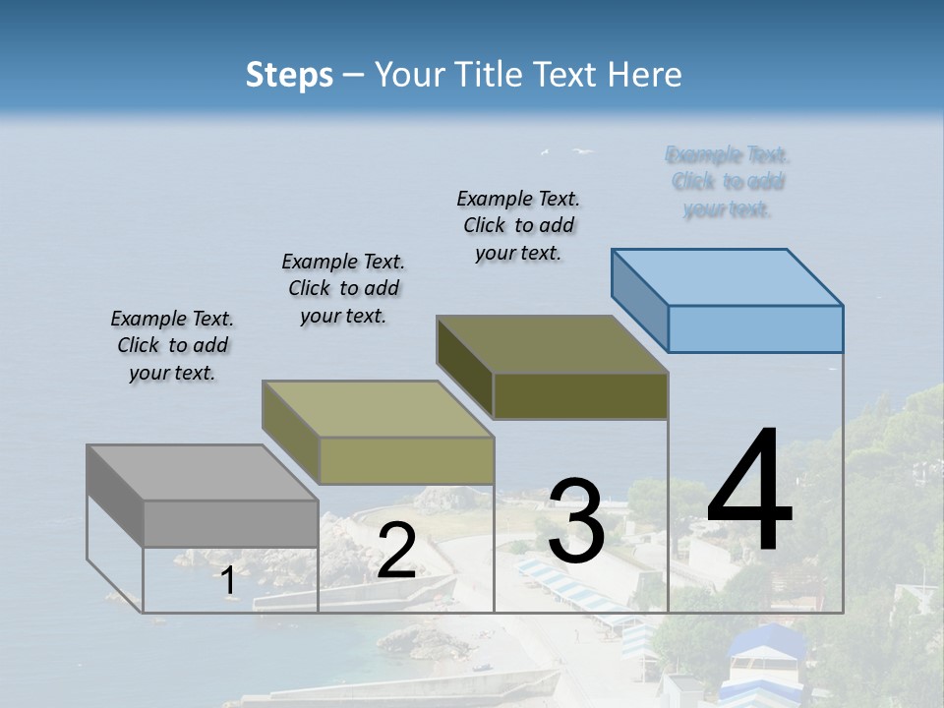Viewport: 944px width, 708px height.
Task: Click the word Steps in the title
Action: coord(289,76)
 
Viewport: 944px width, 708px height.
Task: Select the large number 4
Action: coord(749,492)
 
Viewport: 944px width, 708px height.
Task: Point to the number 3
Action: coord(575,521)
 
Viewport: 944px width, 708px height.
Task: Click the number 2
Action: coord(396,552)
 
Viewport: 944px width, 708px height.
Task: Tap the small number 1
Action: coord(227,581)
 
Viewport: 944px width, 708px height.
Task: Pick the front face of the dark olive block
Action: coord(580,396)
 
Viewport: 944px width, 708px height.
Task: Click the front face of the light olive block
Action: coord(406,460)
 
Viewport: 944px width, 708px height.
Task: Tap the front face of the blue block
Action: coord(755,328)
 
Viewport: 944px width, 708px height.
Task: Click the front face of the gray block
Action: coord(230,523)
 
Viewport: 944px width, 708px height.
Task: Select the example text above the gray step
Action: coord(172,345)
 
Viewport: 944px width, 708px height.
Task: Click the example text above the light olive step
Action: coord(343,288)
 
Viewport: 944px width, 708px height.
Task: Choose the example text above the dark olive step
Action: coord(518,225)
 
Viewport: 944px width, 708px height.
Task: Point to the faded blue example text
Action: coord(728,182)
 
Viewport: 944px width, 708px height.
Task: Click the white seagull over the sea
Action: coord(584,151)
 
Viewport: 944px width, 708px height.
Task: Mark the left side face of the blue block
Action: coord(639,299)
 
